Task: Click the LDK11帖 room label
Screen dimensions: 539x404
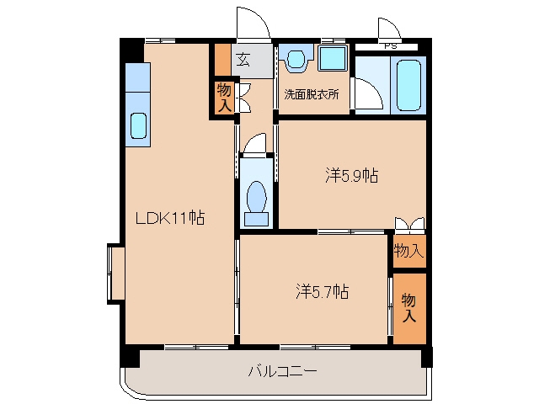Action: pyautogui.click(x=170, y=217)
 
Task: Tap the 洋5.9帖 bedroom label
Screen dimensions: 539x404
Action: pyautogui.click(x=352, y=175)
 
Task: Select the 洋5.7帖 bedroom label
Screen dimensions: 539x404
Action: pyautogui.click(x=322, y=292)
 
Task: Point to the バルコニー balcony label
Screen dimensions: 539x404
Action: pyautogui.click(x=282, y=371)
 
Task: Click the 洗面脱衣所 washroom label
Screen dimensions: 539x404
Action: pyautogui.click(x=312, y=94)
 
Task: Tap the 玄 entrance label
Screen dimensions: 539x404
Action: pyautogui.click(x=243, y=60)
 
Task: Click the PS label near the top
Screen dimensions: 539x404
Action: pyautogui.click(x=390, y=46)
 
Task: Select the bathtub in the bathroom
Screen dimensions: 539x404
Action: pyautogui.click(x=408, y=85)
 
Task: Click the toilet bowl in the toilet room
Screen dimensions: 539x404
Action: pyautogui.click(x=256, y=197)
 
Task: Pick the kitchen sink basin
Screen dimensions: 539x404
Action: pyautogui.click(x=138, y=125)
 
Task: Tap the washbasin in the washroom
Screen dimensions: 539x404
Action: pyautogui.click(x=296, y=59)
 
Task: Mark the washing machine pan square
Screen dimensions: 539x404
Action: pyautogui.click(x=333, y=58)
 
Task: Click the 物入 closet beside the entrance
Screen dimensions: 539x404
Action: pyautogui.click(x=224, y=98)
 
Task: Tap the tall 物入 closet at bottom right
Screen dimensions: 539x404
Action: pyautogui.click(x=409, y=308)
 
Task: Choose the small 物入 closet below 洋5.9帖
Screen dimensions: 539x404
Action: pyautogui.click(x=409, y=251)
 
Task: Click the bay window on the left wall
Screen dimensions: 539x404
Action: pyautogui.click(x=116, y=274)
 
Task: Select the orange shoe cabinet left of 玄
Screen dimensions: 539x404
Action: pyautogui.click(x=222, y=60)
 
